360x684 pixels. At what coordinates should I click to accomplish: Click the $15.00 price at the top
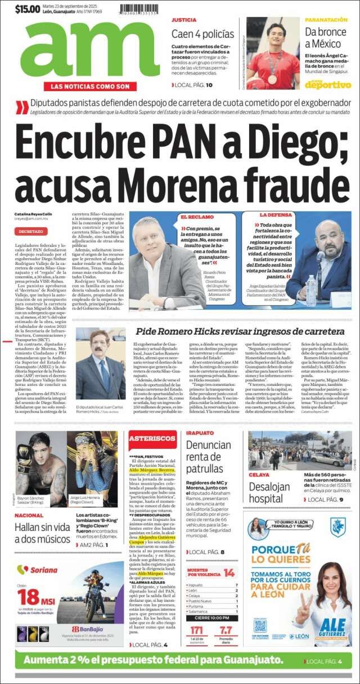pos(28,10)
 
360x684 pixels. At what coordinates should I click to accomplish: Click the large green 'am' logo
pos(90,52)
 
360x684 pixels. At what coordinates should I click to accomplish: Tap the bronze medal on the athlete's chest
pos(272,78)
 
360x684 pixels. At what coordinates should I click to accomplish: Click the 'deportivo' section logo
pos(328,84)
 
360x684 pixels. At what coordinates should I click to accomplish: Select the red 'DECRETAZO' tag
pos(31,231)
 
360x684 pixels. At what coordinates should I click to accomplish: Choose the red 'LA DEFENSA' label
pos(274,215)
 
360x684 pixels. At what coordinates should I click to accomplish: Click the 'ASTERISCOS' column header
pos(152,439)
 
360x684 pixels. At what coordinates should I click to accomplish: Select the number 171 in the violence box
pos(196,630)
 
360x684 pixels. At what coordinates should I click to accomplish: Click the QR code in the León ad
pos(260,625)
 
